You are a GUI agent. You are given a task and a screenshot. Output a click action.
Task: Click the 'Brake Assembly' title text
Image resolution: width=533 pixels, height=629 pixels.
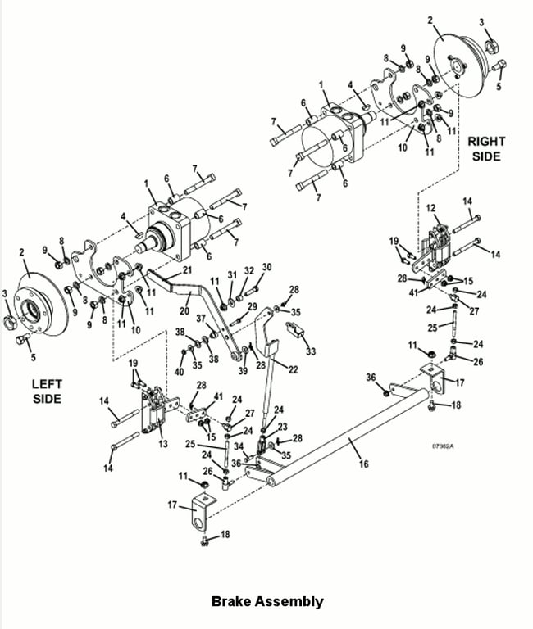coord(267,601)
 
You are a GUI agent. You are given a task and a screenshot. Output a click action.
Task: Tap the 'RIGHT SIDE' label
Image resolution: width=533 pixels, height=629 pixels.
coord(486,149)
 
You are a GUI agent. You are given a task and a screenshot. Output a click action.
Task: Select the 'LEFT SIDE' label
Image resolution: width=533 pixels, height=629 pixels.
coord(47,391)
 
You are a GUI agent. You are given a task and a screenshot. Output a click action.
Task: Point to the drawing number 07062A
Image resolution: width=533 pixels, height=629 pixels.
coord(443,446)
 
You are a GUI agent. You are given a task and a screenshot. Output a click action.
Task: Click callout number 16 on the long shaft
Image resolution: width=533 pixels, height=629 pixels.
coord(363,464)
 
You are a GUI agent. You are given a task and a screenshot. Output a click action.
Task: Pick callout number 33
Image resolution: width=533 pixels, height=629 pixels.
coord(311,351)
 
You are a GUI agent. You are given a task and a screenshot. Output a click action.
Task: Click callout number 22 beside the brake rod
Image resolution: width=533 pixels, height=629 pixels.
coord(293,369)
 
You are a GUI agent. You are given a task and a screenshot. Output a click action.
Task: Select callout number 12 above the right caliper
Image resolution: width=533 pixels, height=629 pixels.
coord(430,208)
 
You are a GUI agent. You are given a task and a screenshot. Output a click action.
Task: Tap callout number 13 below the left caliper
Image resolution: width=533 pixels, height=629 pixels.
coord(162,444)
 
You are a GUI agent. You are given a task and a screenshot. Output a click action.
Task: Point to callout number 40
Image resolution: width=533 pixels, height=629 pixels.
coord(179,372)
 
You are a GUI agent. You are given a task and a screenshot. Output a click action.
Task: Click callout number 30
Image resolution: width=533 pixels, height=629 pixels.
coord(266,267)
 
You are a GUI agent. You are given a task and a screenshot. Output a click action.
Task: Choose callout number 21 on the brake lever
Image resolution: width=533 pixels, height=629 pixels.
coord(187,270)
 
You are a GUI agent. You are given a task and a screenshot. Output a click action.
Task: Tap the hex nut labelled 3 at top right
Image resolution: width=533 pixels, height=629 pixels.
coord(491,47)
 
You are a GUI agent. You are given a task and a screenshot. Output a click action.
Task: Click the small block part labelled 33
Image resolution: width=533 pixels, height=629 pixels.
coord(295,328)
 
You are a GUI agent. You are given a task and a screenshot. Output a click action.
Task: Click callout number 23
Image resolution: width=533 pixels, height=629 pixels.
coord(282,427)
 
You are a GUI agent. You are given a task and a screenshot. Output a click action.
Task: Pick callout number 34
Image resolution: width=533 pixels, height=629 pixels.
coord(239,446)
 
